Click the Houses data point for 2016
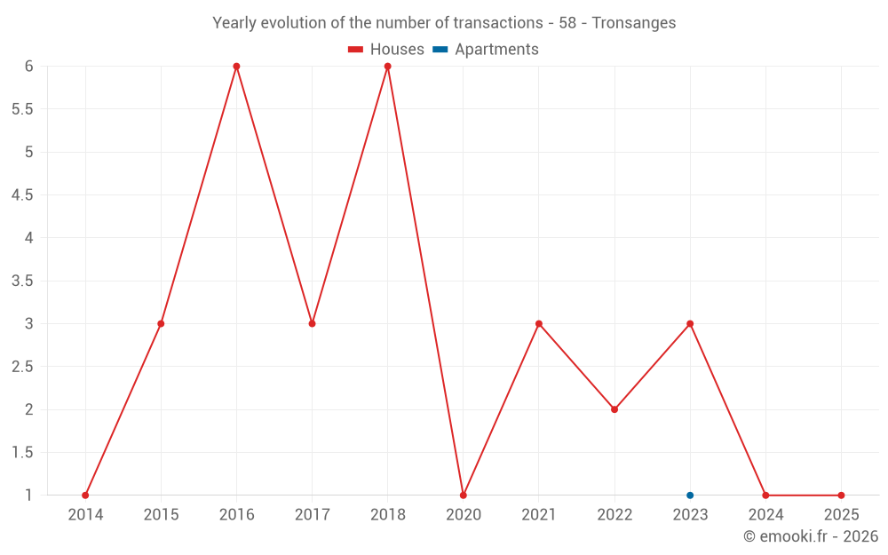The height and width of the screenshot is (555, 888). tap(236, 67)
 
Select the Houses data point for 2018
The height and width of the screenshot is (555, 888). tap(387, 67)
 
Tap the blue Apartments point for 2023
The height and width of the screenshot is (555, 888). tap(690, 496)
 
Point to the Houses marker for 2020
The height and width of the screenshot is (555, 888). tap(463, 496)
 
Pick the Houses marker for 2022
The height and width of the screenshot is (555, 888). tap(614, 409)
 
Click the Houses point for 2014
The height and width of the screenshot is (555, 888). tap(85, 496)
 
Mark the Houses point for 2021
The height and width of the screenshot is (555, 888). tap(539, 323)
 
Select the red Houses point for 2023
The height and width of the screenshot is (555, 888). tap(690, 323)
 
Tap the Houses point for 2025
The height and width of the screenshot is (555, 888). tap(841, 496)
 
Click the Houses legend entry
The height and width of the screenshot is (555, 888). tap(386, 50)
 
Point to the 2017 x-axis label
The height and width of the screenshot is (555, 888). tap(312, 515)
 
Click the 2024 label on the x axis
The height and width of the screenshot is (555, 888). tap(765, 515)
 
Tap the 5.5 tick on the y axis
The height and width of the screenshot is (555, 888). tap(22, 109)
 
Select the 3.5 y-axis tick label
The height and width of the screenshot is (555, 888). tap(22, 281)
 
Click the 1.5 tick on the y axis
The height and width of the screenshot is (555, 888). tap(22, 453)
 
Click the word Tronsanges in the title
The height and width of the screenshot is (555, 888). tap(634, 23)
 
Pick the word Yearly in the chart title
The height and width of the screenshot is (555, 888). tap(234, 23)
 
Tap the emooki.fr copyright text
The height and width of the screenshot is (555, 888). tap(811, 536)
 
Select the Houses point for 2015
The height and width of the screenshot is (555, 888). tap(161, 323)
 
